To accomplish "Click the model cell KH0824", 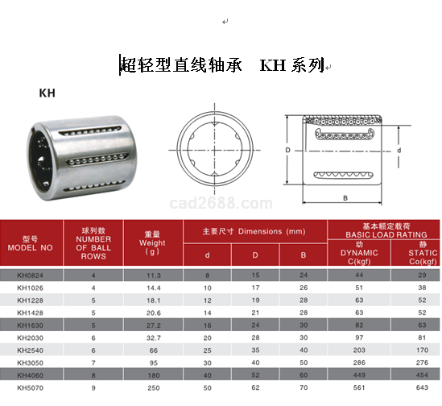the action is [30, 275].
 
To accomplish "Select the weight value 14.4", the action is [153, 288].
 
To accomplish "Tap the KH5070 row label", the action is [30, 388].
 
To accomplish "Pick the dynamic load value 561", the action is [359, 387].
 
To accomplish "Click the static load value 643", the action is [422, 387].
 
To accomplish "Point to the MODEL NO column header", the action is [30, 243].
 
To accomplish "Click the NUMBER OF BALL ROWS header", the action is [93, 243].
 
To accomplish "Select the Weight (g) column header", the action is [152, 243].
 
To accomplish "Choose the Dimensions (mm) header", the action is [254, 232].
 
